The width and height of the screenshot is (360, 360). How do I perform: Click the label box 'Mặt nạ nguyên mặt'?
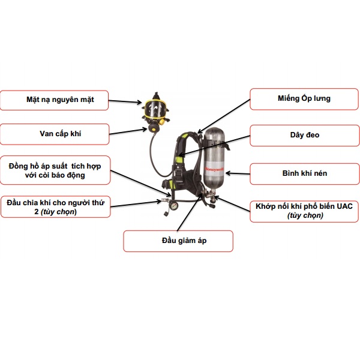click(x=55, y=100)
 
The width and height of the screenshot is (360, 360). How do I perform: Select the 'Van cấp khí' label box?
click(x=55, y=134)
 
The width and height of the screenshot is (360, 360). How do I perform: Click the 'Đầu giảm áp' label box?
click(x=178, y=241)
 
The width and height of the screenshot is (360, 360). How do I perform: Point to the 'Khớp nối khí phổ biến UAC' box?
click(x=305, y=211)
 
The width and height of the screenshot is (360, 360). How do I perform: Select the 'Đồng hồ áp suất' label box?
click(x=55, y=170)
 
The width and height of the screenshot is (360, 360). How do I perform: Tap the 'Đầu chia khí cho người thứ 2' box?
click(x=55, y=207)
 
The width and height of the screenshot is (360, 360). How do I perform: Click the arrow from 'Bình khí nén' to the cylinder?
click(x=237, y=173)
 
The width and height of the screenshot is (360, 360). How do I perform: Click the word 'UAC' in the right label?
click(x=347, y=206)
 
